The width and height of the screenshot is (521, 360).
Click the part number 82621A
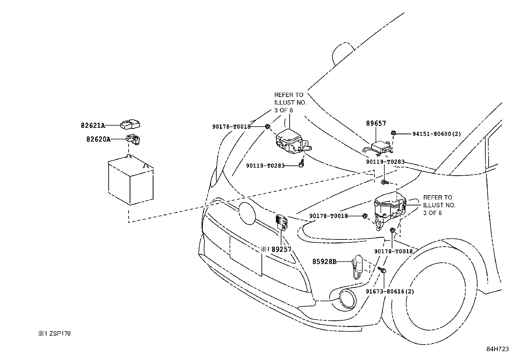pos(93,125)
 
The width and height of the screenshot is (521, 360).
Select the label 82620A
pos(98,139)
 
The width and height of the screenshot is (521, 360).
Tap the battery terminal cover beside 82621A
pos(130,124)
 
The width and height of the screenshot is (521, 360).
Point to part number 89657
pos(376,123)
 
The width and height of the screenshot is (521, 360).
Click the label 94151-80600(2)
pos(437,134)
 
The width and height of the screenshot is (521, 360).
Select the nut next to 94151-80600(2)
pos(394,133)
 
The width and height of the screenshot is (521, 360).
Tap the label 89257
pos(281,249)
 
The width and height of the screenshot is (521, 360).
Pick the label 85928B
pos(324,262)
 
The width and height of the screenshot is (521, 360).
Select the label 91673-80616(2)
pos(390,292)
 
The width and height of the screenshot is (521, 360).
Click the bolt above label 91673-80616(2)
pos(382,270)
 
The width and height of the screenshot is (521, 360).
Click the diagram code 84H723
pos(497,349)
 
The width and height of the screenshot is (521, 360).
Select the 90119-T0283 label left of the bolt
pos(265,166)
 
